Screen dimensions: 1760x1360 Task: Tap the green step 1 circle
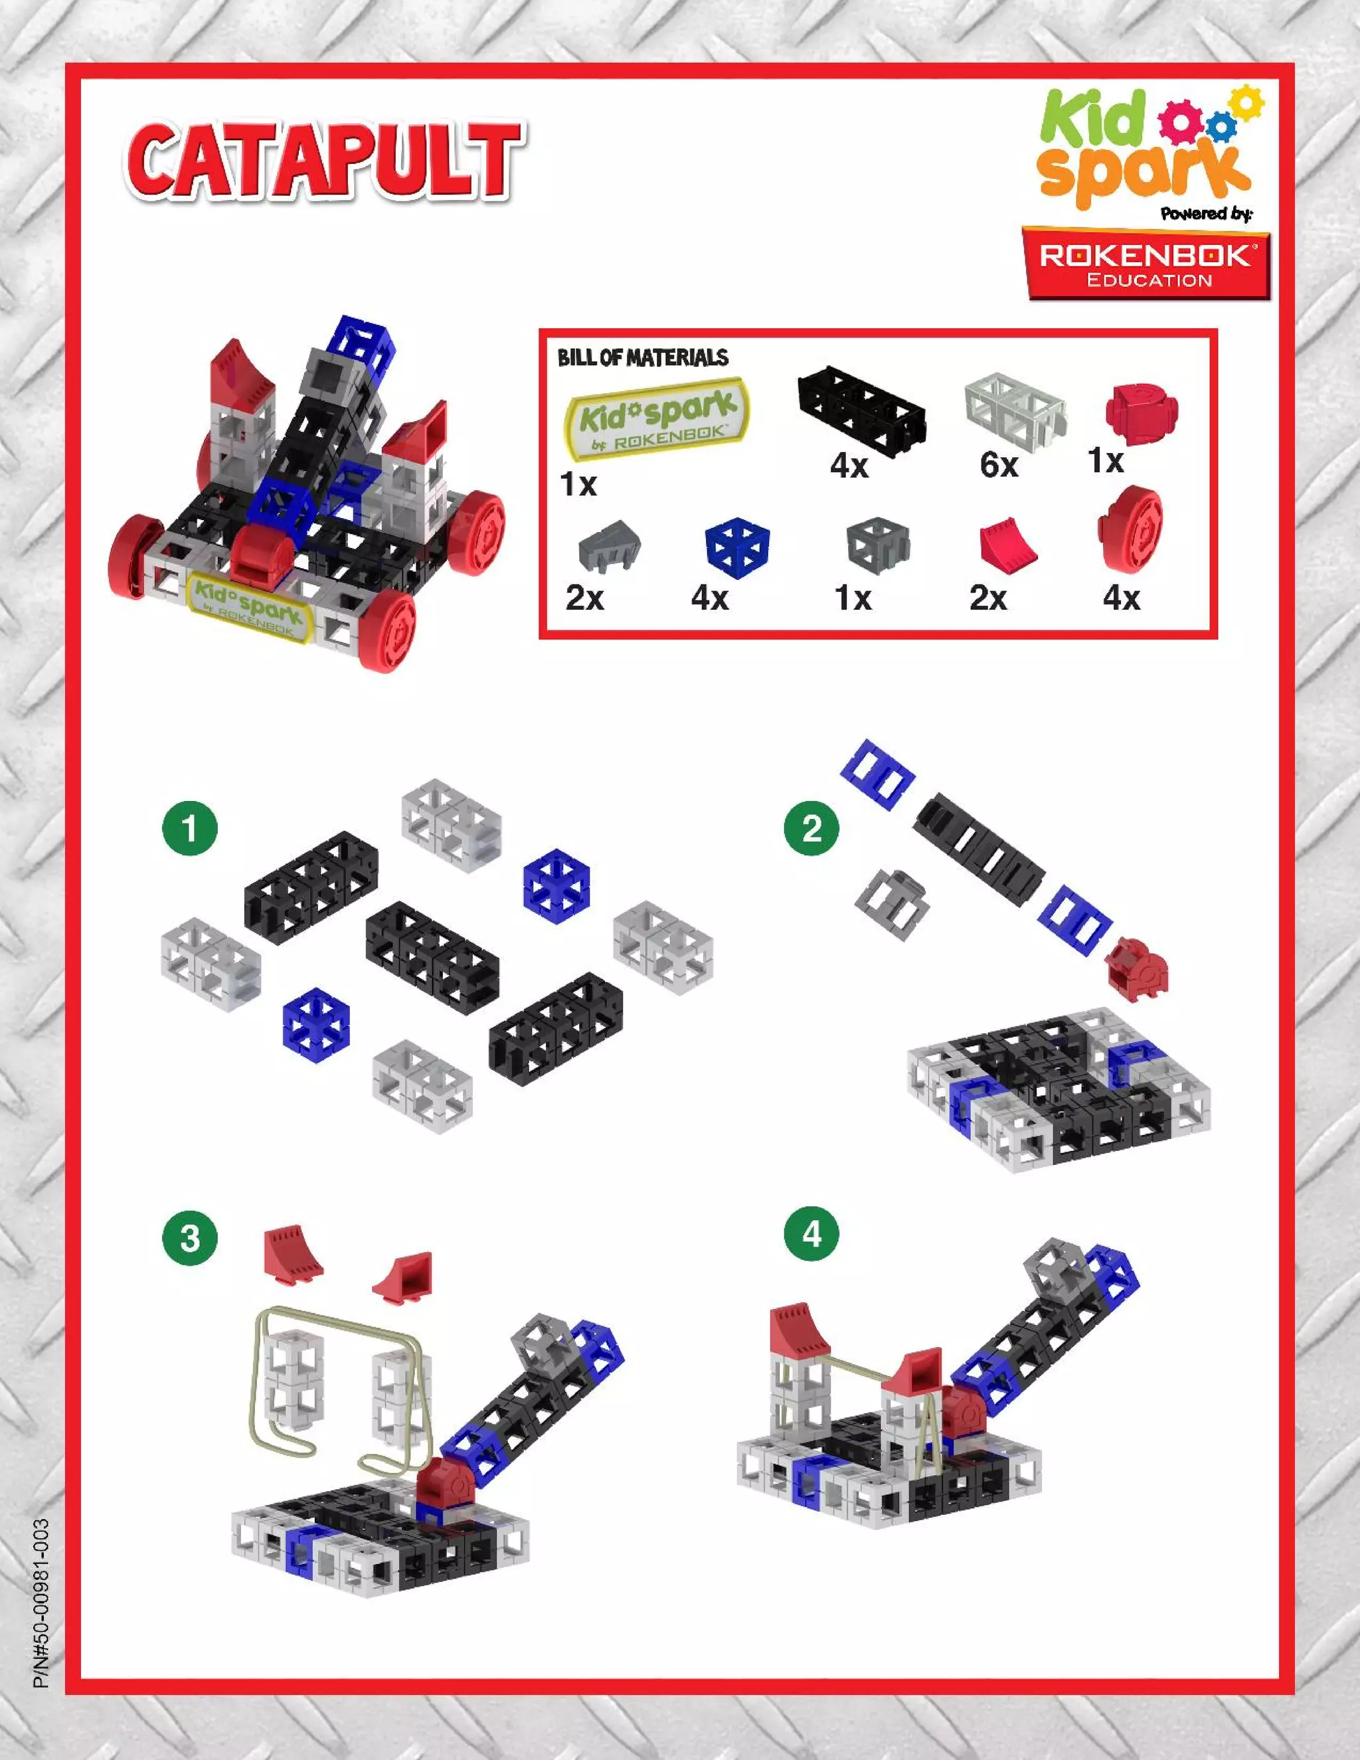pos(190,828)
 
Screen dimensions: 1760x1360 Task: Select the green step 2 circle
pos(811,828)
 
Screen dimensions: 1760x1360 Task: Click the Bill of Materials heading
pos(642,358)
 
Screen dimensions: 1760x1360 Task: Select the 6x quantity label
pos(999,465)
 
